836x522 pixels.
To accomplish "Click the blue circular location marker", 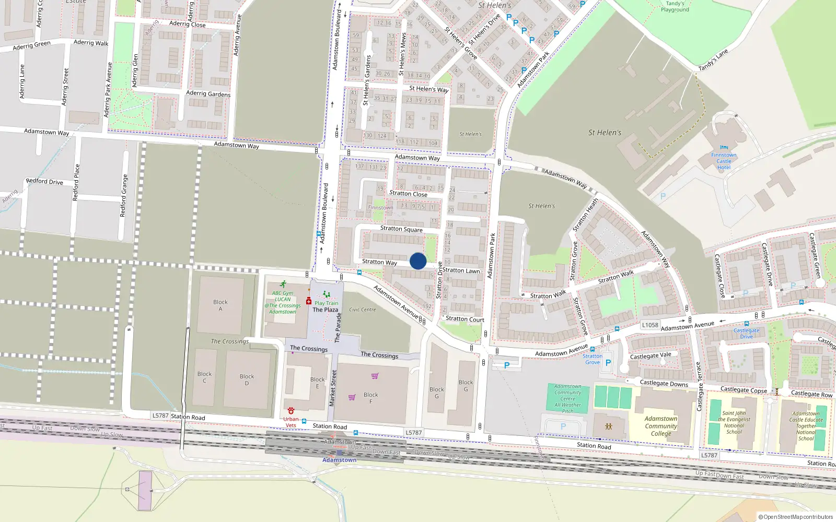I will (x=418, y=261).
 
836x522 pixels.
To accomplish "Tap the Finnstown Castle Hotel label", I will (x=724, y=161).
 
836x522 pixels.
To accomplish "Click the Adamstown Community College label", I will (x=661, y=426).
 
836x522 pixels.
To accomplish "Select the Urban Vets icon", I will (x=291, y=411).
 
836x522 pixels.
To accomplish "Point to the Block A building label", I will (x=220, y=305).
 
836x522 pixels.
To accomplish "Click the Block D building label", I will (x=247, y=379).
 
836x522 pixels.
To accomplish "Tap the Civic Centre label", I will (x=362, y=310).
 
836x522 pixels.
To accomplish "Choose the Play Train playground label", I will (x=326, y=303).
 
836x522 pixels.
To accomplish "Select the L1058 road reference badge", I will (x=650, y=325).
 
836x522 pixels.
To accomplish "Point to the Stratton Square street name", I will (x=401, y=229).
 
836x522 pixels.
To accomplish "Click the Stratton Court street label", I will (x=465, y=319).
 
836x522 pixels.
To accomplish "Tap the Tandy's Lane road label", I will (x=713, y=60).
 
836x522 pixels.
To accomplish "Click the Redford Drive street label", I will (x=44, y=182).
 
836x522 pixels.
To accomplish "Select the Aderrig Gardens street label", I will (x=208, y=93).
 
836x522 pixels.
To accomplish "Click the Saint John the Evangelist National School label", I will (x=734, y=422).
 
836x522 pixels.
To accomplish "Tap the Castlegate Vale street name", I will (x=651, y=355).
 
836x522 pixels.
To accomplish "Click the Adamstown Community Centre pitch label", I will (x=568, y=399).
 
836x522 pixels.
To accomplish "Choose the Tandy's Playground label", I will (x=675, y=6).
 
